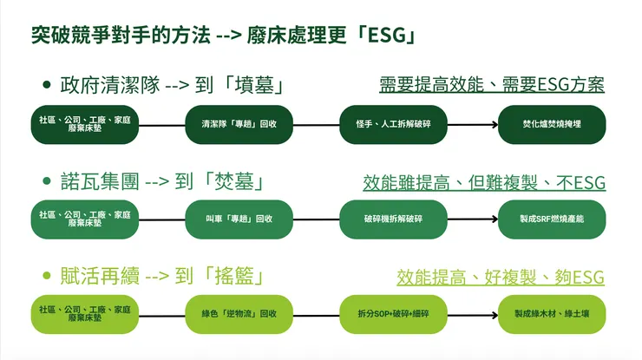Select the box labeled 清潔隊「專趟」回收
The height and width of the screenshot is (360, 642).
234,125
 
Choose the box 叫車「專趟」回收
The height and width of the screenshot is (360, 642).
234,219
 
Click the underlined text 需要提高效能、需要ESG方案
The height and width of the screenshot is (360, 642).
492,85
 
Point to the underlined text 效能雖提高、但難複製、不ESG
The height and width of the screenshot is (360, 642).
484,182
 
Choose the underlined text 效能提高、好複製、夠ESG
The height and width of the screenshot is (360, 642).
501,278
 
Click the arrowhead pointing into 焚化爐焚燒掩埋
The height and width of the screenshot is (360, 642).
497,125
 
